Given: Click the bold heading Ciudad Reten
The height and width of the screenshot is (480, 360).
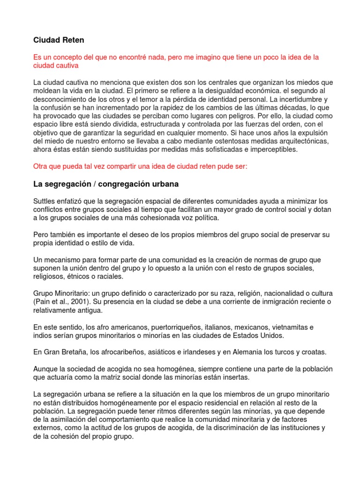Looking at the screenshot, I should click(x=59, y=40).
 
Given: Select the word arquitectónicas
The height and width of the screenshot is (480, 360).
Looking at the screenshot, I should click(x=301, y=141).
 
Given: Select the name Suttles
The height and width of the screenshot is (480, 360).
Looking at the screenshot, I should click(x=45, y=201).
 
